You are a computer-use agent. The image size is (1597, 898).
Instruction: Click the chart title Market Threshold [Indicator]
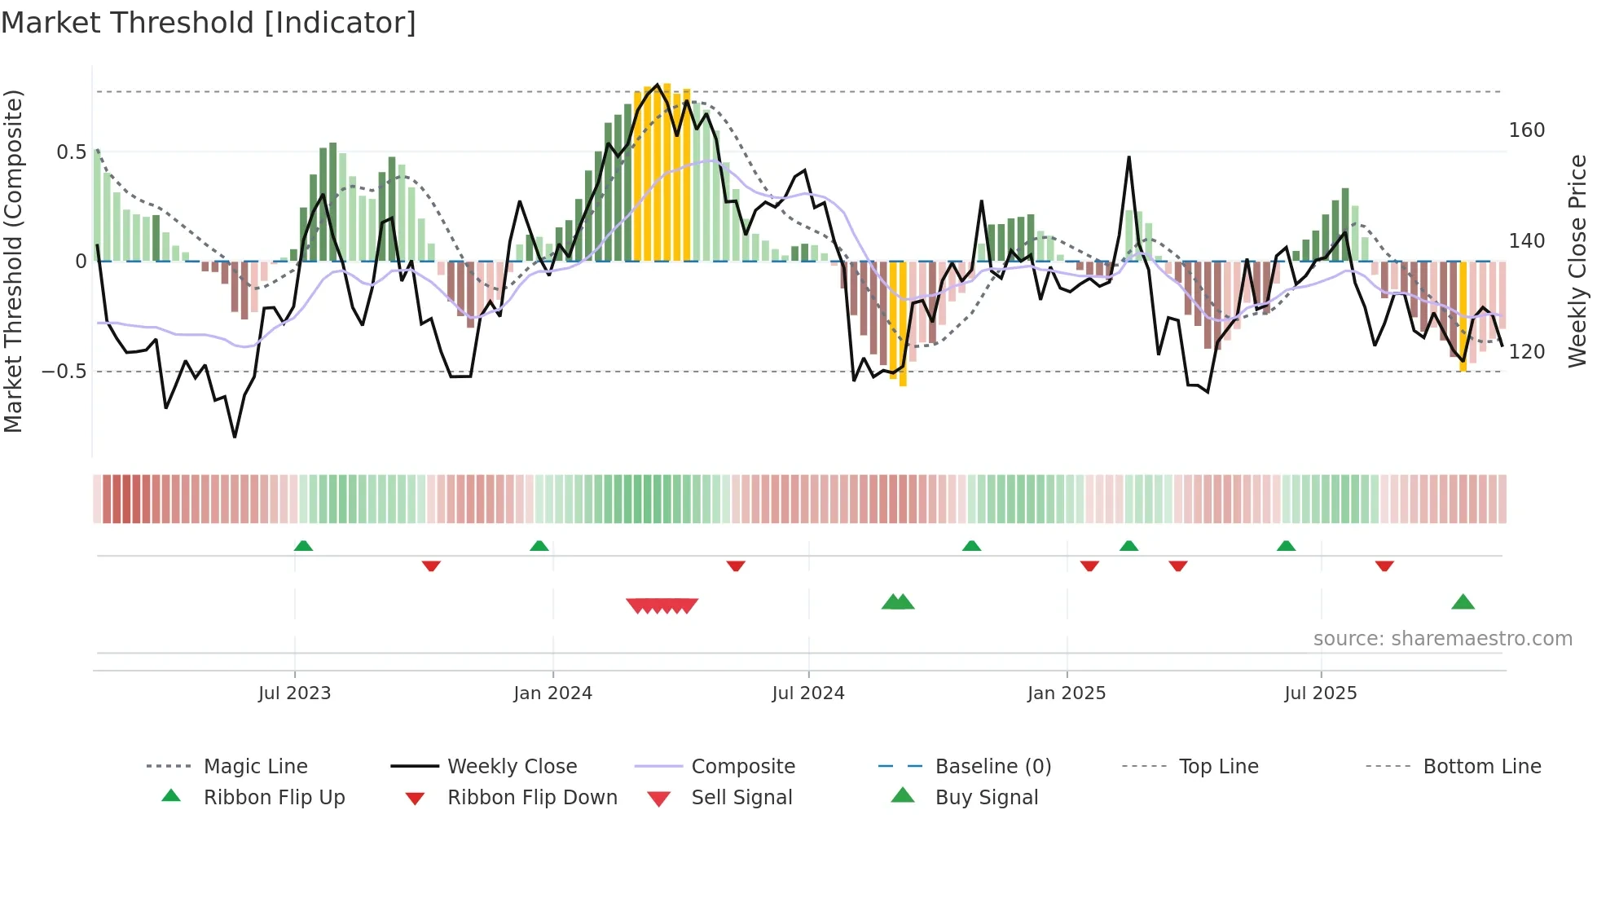click(x=209, y=23)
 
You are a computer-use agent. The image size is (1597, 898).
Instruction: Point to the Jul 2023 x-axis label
click(x=294, y=693)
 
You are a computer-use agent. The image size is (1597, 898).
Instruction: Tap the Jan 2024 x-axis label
click(x=552, y=693)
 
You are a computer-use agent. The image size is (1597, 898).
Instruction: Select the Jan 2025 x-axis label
click(x=1066, y=693)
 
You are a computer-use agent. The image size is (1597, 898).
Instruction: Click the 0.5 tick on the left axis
click(x=71, y=152)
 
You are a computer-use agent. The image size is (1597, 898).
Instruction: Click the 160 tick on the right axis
click(x=1526, y=130)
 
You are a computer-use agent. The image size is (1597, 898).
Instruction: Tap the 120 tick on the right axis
click(x=1526, y=352)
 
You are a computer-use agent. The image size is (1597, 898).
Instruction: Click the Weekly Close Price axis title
click(x=1577, y=261)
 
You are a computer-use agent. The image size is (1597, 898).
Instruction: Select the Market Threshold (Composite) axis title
click(x=13, y=261)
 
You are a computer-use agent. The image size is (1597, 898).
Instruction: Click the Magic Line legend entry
click(x=255, y=767)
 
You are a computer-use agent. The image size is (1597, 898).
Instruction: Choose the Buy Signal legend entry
click(x=986, y=798)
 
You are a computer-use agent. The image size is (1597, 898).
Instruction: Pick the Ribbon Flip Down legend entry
click(x=532, y=798)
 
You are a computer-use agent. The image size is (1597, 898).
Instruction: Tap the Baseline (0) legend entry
click(x=992, y=767)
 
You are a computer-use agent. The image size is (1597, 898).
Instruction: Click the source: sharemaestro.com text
click(x=1442, y=639)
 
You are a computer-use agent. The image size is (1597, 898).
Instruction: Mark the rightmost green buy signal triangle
click(x=1463, y=603)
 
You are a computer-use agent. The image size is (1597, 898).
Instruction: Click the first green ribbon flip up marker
click(x=303, y=546)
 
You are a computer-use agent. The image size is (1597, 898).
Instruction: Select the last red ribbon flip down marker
click(x=1384, y=566)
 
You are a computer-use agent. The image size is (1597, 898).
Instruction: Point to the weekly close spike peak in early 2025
click(x=1128, y=157)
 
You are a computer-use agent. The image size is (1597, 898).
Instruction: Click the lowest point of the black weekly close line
click(x=235, y=437)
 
